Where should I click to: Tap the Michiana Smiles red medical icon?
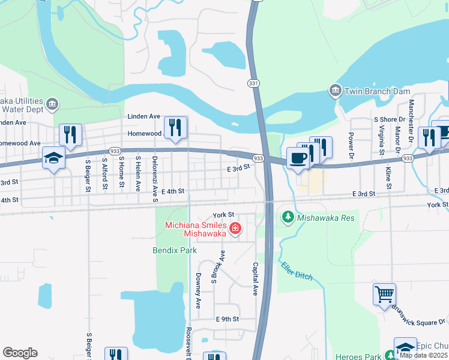236,228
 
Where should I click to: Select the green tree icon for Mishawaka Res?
288,217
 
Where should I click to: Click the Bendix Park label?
170,249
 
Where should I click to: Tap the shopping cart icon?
384,295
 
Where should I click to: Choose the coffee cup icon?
298,158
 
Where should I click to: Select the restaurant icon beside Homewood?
175,127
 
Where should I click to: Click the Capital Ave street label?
255,278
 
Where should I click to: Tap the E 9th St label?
228,319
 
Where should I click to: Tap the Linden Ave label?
143,116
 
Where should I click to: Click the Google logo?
20,353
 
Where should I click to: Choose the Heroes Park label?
357,356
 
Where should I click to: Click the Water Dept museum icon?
52,105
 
